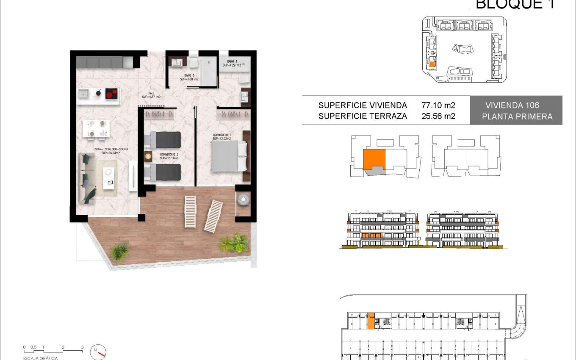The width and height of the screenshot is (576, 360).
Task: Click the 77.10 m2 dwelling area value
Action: tap(438, 105)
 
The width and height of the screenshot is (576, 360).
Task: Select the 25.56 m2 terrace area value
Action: tap(438, 116)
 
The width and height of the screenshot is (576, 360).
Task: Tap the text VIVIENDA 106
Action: tap(512, 105)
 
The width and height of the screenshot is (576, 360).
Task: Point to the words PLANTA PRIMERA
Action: tap(517, 116)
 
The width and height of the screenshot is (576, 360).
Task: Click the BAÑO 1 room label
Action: tap(232, 63)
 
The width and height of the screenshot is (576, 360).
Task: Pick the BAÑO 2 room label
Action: tap(189, 77)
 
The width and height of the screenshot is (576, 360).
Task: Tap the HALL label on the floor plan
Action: tap(151, 94)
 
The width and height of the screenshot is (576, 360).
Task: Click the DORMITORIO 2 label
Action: tap(169, 156)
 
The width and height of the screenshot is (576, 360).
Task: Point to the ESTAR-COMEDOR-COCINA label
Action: tap(111, 151)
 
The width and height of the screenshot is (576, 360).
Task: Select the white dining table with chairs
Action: tap(96, 129)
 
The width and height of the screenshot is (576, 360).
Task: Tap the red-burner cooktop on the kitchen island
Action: tap(111, 94)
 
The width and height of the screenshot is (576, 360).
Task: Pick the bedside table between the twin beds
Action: tap(148, 156)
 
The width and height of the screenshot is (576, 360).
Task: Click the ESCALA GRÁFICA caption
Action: tap(41, 358)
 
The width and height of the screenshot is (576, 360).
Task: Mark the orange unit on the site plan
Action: tap(432, 65)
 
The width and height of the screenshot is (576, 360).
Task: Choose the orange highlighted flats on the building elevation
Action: tap(372, 235)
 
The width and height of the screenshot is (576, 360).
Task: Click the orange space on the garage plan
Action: tap(371, 321)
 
